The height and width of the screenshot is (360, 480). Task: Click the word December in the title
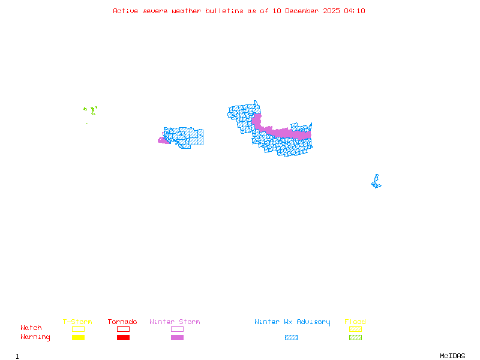coord(302,11)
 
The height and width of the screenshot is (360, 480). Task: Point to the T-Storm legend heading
coord(77,322)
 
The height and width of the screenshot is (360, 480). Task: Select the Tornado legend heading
coord(122,322)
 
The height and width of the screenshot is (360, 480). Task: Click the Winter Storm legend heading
coord(175,322)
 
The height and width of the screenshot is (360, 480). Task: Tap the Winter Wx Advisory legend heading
coord(292,322)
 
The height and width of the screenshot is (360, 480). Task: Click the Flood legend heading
coord(355,322)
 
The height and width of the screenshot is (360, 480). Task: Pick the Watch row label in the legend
coord(31,328)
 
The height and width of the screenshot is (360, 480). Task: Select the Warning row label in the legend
coord(35,337)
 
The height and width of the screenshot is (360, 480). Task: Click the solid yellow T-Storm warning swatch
coord(78,337)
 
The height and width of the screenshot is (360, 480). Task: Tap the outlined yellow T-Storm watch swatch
coord(78,329)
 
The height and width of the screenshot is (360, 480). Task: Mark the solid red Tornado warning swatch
coord(123,337)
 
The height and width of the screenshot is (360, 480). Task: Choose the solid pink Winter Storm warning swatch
coord(177,337)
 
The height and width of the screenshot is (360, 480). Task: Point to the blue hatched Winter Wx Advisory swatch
coord(291,337)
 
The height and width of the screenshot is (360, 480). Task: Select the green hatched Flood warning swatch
coord(355,337)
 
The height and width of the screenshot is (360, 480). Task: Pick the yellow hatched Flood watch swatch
coord(355,329)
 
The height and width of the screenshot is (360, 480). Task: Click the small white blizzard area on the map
coord(377,172)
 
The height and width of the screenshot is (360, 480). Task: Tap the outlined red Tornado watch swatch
coord(123,329)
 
